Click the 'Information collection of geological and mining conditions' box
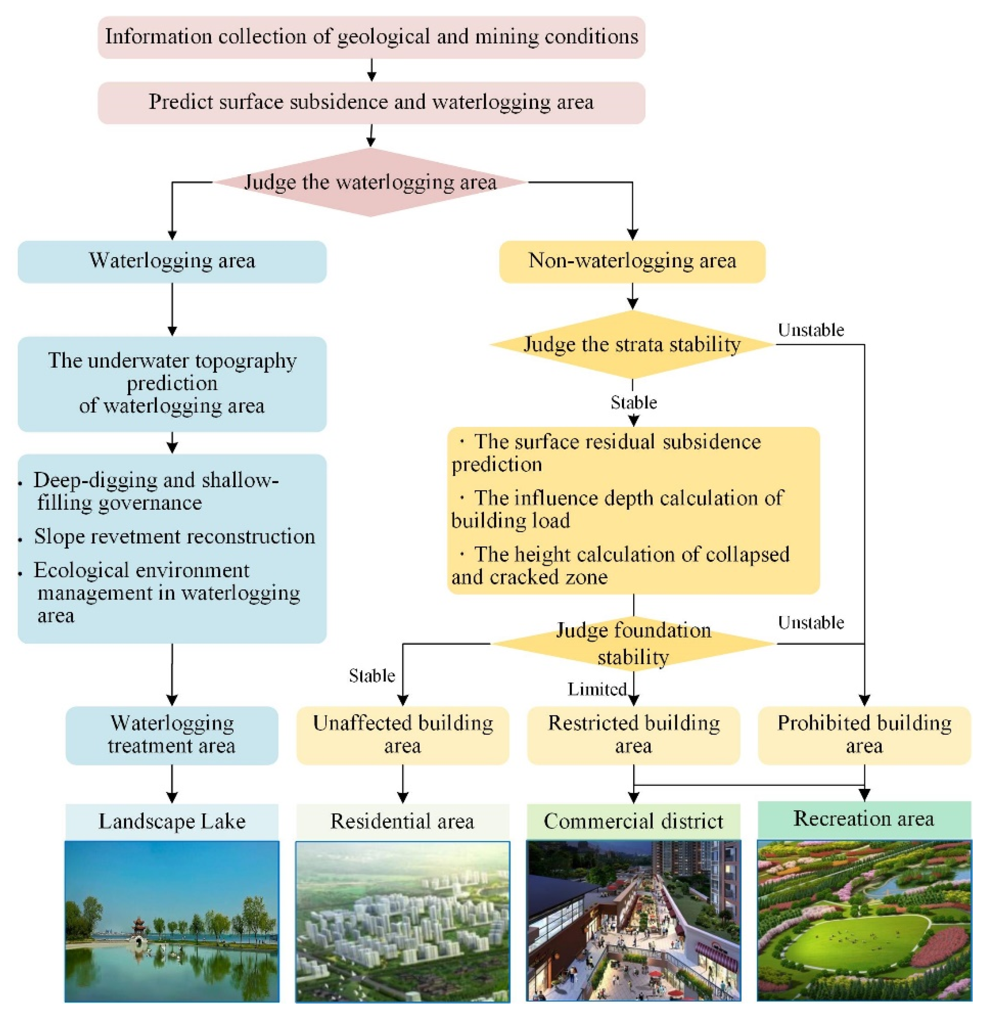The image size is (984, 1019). (371, 37)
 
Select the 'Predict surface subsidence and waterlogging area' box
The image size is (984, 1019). (371, 102)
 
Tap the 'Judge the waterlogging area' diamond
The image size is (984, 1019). (370, 183)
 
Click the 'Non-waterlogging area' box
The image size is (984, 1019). (632, 261)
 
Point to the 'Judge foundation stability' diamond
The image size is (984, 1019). (633, 643)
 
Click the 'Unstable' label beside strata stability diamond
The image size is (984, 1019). (810, 330)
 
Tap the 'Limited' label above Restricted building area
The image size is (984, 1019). (596, 689)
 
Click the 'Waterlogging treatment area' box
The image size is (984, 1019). (172, 735)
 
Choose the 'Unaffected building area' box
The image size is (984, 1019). (403, 735)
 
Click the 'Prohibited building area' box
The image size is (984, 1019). (864, 735)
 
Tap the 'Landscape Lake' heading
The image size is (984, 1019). (172, 821)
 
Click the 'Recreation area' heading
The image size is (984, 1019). (863, 819)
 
